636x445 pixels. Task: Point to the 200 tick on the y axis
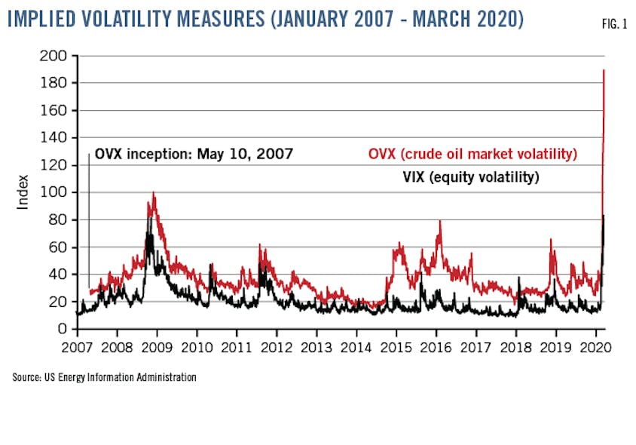point(57,56)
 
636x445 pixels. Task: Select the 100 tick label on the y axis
point(57,192)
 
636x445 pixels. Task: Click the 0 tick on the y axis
point(65,330)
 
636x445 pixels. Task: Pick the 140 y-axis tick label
point(57,138)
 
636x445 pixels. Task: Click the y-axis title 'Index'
point(23,192)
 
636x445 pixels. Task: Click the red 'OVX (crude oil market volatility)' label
point(472,155)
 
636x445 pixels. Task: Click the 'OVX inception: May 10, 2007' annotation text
point(194,155)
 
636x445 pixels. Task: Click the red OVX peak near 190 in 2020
point(604,71)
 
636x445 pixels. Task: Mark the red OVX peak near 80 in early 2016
point(439,221)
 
